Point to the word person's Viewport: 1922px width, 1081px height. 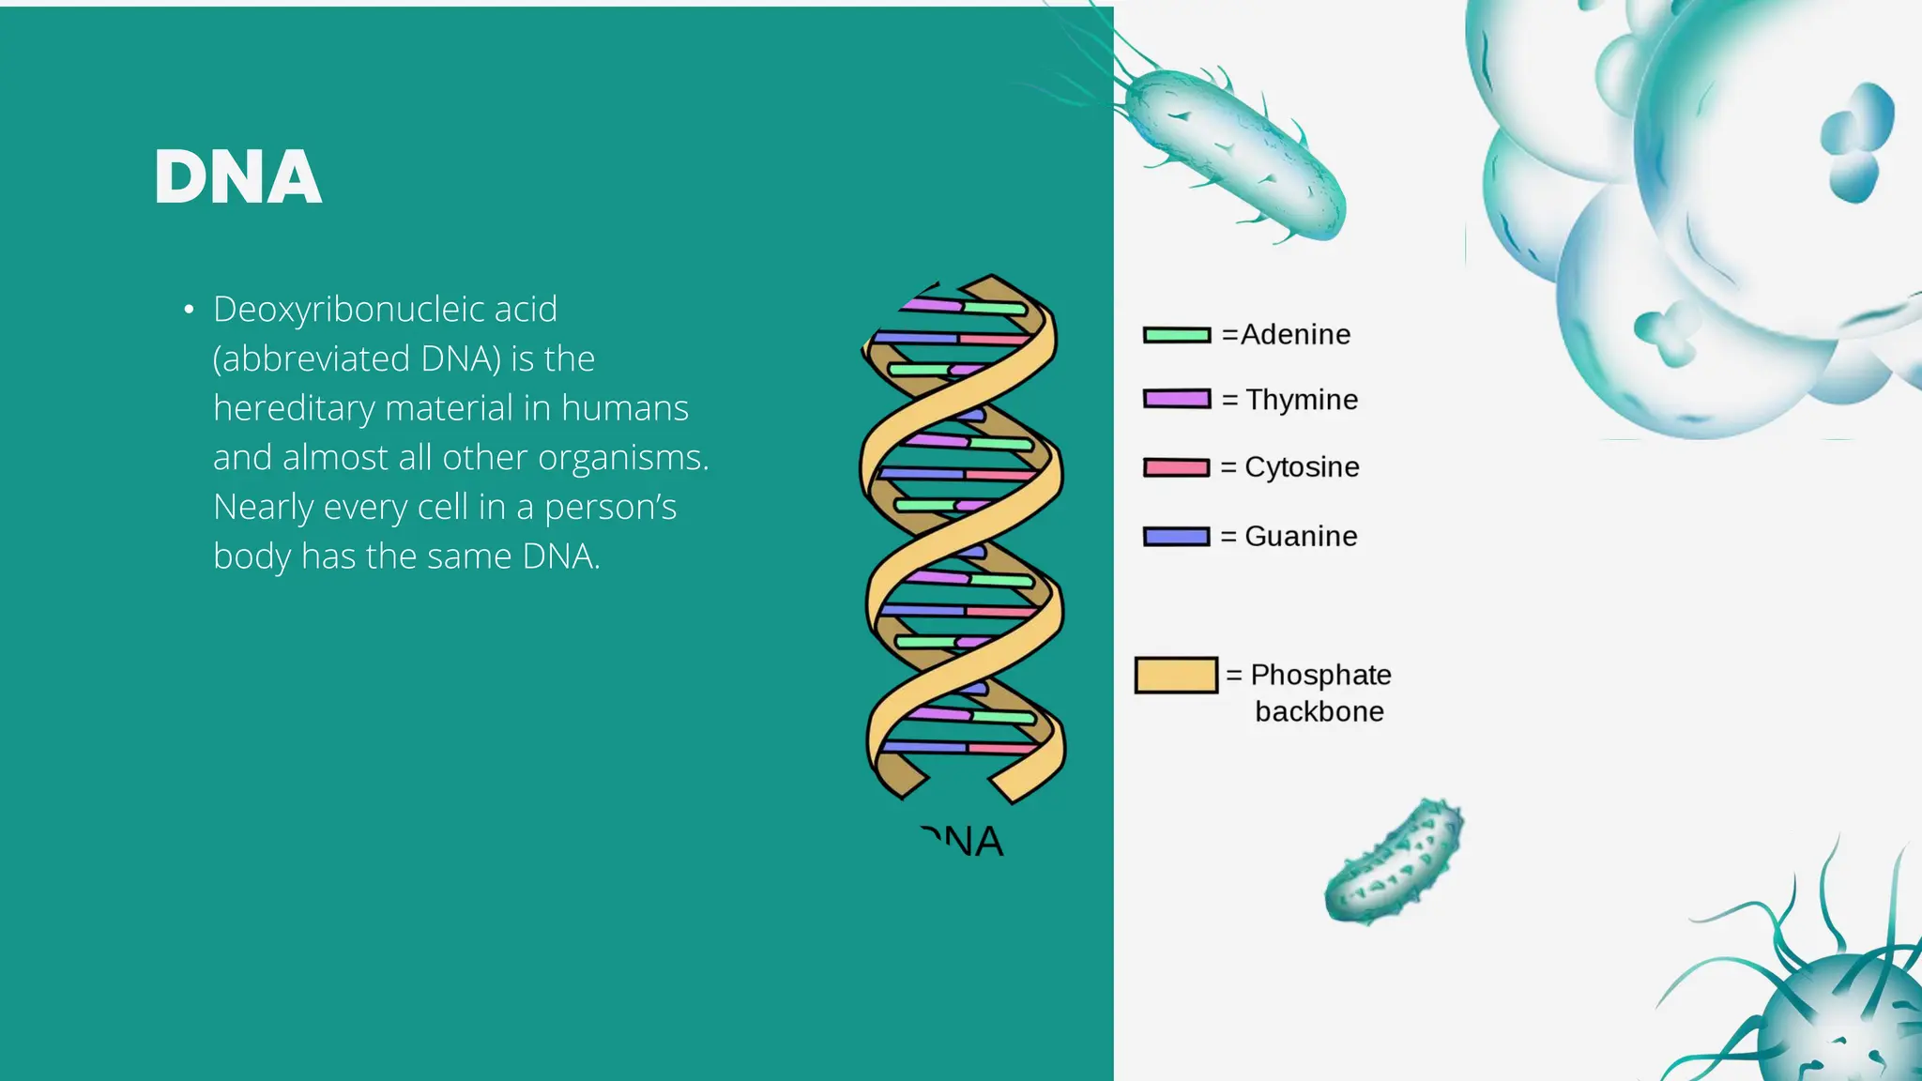pyautogui.click(x=610, y=508)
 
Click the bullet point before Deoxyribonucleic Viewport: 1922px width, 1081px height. pyautogui.click(x=189, y=310)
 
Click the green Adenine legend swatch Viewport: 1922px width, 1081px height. pyautogui.click(x=1177, y=335)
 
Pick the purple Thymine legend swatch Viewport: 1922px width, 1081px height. pyautogui.click(x=1177, y=399)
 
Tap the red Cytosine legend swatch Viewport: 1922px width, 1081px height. pyautogui.click(x=1177, y=467)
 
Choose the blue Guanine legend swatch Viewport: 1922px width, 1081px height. pyautogui.click(x=1177, y=537)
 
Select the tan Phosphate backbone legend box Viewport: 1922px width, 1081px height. pyautogui.click(x=1176, y=675)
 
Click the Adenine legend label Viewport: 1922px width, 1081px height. pyautogui.click(x=1295, y=335)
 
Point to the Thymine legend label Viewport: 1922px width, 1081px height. pyautogui.click(x=1302, y=401)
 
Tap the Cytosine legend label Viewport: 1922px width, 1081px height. pyautogui.click(x=1302, y=467)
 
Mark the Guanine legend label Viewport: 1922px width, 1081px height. pyautogui.click(x=1301, y=537)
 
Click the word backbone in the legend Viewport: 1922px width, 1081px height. pyautogui.click(x=1319, y=712)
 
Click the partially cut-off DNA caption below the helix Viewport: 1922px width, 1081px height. pyautogui.click(x=964, y=842)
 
